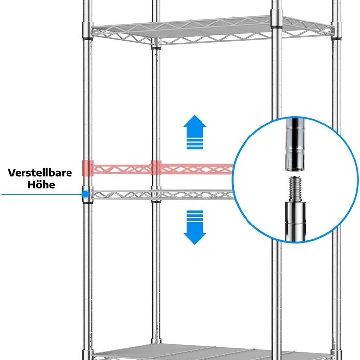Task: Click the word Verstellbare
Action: tap(40, 173)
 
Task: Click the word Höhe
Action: tap(41, 184)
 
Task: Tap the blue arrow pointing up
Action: tap(195, 132)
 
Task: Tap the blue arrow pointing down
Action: tap(195, 227)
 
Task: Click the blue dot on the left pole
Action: tap(86, 194)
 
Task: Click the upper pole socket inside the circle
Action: tap(295, 144)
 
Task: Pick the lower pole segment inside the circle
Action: tap(295, 221)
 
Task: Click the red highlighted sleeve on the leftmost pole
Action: tap(88, 168)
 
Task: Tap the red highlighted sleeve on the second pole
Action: tap(156, 168)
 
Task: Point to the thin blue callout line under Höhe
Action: tap(42, 194)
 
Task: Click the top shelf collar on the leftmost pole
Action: tap(88, 30)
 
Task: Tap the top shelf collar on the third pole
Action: tap(277, 19)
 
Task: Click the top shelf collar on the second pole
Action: tap(156, 44)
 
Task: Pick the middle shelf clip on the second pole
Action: tap(156, 195)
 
